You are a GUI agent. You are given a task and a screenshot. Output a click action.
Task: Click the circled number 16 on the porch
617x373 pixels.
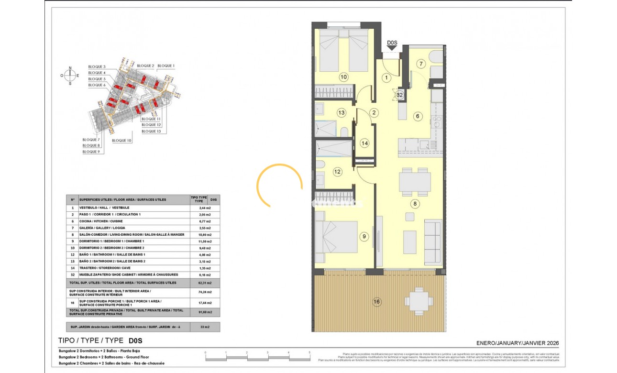[377, 301]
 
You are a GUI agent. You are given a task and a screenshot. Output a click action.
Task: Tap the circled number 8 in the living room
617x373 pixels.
[415, 204]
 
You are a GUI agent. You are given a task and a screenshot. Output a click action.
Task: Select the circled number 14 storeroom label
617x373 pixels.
[365, 143]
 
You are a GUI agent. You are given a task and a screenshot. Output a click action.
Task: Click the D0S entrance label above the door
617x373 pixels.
[392, 43]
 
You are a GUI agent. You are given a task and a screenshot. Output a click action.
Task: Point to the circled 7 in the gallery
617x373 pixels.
[420, 64]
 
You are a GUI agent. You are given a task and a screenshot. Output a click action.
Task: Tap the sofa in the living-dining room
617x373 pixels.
[433, 241]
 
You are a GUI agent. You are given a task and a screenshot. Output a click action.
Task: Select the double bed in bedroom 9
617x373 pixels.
[337, 236]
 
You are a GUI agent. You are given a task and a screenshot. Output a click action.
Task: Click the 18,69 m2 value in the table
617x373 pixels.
[198, 235]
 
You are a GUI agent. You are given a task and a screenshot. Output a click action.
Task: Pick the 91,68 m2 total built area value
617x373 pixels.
[198, 312]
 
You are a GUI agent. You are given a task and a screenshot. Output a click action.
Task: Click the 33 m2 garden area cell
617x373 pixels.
[198, 328]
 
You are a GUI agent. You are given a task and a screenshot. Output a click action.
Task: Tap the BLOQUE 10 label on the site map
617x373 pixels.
[121, 141]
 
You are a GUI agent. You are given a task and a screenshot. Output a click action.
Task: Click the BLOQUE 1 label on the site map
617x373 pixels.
[166, 66]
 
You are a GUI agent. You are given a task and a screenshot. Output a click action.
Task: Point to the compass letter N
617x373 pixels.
[70, 68]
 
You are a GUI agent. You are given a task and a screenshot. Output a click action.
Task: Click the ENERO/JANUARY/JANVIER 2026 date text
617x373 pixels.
[518, 343]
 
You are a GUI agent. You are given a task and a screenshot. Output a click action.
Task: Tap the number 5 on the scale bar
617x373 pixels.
[310, 352]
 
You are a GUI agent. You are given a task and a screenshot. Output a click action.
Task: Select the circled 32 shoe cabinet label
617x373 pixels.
[400, 95]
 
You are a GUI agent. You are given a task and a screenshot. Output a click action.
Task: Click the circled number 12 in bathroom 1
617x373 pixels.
[337, 171]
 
